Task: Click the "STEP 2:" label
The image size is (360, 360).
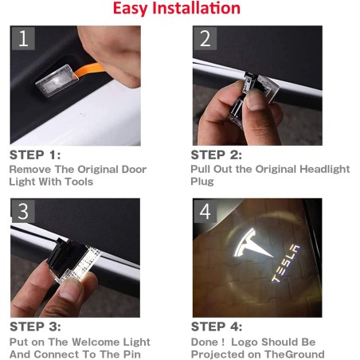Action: coord(216,155)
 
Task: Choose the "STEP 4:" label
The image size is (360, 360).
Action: coord(216,327)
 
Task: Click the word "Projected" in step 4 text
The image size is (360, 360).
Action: coord(219,354)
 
